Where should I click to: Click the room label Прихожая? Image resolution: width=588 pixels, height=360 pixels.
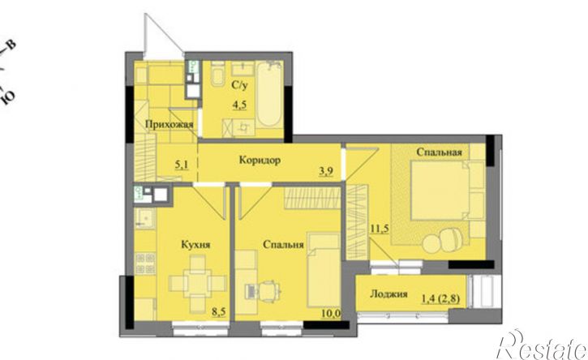170,124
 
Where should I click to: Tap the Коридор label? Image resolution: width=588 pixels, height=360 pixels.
260,160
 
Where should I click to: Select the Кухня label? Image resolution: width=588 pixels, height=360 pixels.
195,245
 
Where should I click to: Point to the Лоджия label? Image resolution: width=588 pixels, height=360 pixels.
388,294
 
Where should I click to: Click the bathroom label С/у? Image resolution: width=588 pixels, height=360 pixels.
239,85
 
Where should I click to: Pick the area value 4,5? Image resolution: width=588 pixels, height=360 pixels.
239,105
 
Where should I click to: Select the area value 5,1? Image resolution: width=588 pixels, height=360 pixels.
182,164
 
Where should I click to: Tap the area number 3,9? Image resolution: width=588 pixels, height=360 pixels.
326,171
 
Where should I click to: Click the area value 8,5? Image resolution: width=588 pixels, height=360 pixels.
219,311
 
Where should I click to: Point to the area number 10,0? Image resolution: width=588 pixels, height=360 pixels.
331,313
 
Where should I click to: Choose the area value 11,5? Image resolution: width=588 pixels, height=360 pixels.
379,229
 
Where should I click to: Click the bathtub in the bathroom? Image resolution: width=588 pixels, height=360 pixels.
269,95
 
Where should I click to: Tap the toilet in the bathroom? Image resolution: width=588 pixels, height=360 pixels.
217,74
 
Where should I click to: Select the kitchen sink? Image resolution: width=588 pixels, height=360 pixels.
144,218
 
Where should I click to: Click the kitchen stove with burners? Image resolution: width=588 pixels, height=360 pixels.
145,264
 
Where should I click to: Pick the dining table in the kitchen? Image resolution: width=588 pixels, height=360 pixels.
198,284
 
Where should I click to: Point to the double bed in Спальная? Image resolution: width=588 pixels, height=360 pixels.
448,190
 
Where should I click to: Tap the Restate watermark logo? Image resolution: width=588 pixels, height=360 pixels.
542,345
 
